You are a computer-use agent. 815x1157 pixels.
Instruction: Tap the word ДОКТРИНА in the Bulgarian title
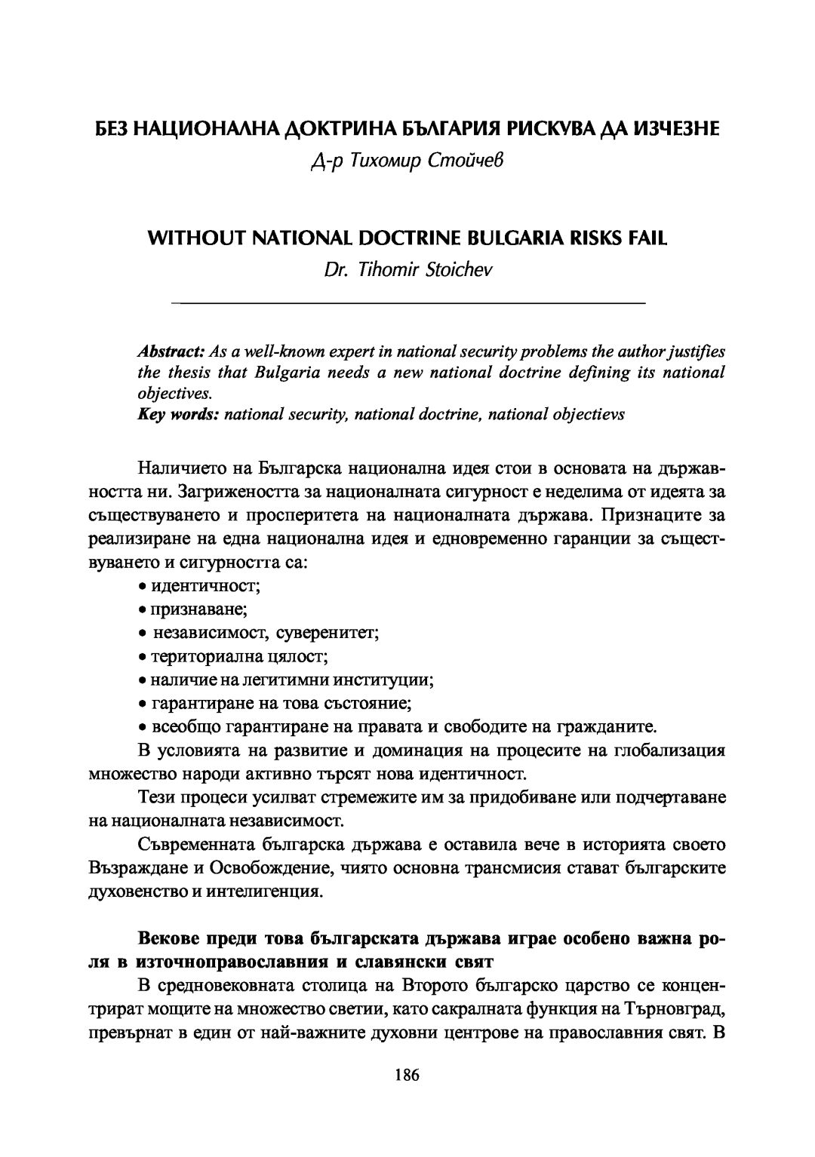tap(327, 130)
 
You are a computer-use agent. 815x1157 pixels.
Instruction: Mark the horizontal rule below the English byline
tap(408, 303)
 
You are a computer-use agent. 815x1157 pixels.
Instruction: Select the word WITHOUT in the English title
tap(189, 238)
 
